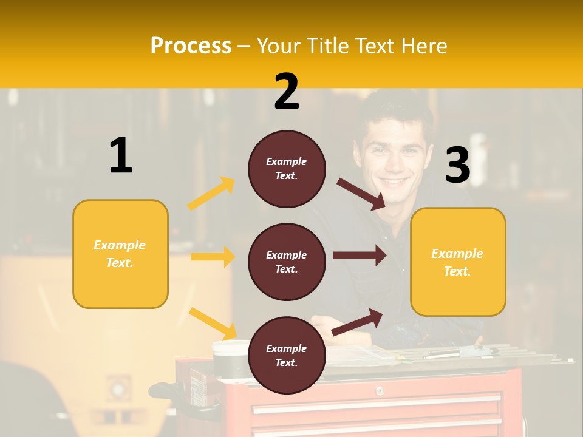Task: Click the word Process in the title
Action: (191, 46)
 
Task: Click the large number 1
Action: (121, 155)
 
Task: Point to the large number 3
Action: (457, 166)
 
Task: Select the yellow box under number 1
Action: (120, 254)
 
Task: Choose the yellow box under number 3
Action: (458, 262)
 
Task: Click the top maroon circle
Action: (287, 169)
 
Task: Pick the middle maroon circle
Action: (287, 262)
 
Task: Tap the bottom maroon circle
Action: (287, 355)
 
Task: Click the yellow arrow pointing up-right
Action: (211, 194)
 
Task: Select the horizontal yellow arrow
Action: (213, 257)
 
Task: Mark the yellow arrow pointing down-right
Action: (213, 324)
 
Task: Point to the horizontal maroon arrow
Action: (359, 256)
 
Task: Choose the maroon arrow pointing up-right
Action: (358, 322)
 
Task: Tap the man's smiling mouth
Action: (394, 180)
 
